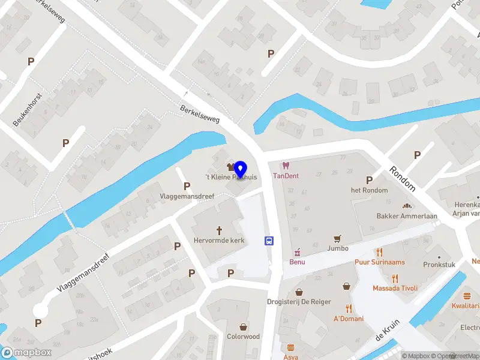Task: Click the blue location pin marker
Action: pyautogui.click(x=241, y=169)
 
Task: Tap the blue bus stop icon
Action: pyautogui.click(x=269, y=241)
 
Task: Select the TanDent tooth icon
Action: pyautogui.click(x=286, y=165)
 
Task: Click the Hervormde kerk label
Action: pyautogui.click(x=219, y=240)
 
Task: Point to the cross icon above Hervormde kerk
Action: pyautogui.click(x=219, y=230)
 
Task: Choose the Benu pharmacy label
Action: pyautogui.click(x=297, y=262)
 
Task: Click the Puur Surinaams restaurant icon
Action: pyautogui.click(x=379, y=252)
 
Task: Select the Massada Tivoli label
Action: pyautogui.click(x=395, y=288)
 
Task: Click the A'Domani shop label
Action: pyautogui.click(x=349, y=318)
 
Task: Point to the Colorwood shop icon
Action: pyautogui.click(x=243, y=327)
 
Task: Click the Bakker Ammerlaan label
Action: pyautogui.click(x=406, y=216)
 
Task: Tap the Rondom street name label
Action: pyautogui.click(x=402, y=178)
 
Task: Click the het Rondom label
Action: pyautogui.click(x=369, y=190)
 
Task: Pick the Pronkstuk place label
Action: pyautogui.click(x=439, y=264)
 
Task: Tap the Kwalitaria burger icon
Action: pyautogui.click(x=467, y=296)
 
